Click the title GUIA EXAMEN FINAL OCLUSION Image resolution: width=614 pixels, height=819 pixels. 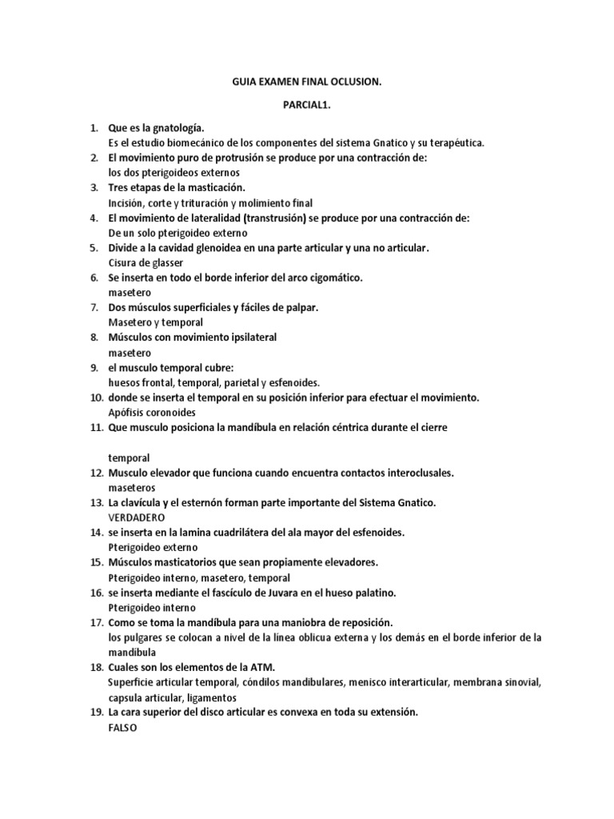[307, 82]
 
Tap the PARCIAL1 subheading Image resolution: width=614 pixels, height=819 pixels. [307, 105]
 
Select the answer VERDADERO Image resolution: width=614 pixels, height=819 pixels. [136, 517]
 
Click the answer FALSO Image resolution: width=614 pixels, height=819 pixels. [123, 727]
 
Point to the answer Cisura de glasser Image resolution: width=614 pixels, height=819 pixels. [146, 262]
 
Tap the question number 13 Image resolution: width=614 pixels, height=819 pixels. [96, 502]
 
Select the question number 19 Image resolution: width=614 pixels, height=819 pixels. [96, 712]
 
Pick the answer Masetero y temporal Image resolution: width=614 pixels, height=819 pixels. [155, 322]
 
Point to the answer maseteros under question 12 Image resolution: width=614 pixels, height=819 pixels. [132, 487]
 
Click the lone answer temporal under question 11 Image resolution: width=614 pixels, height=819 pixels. [129, 457]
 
